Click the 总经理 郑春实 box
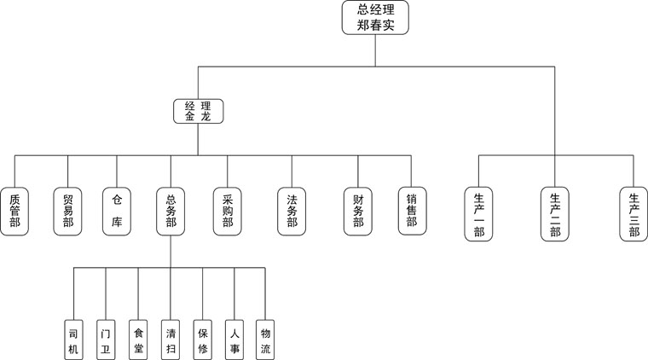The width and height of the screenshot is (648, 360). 375,17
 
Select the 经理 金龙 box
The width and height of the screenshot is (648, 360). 198,111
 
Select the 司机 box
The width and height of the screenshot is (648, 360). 73,340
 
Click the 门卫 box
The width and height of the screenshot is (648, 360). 106,340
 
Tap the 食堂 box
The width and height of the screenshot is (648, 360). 138,340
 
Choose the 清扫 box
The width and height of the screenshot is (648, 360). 171,340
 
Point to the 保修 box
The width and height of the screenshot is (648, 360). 202,340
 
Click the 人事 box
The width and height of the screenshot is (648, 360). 234,340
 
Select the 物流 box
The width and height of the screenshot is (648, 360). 266,340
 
